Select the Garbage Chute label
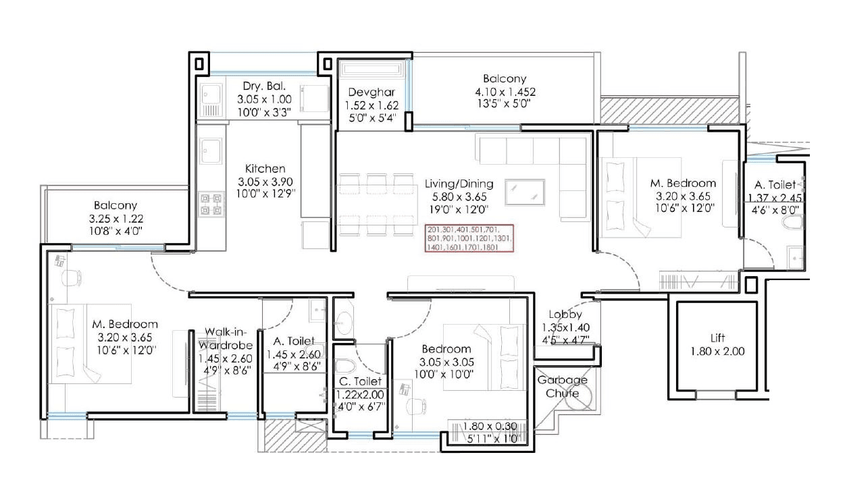click(562, 386)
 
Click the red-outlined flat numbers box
click(469, 238)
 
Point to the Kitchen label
click(265, 169)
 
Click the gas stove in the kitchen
click(211, 204)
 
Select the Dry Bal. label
click(264, 86)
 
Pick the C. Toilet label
click(361, 382)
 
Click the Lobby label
click(565, 315)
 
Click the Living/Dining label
click(459, 184)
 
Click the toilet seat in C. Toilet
click(344, 368)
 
